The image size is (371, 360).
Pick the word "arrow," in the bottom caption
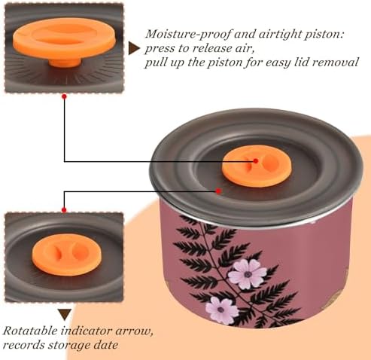135,331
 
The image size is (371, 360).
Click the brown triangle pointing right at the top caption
134,48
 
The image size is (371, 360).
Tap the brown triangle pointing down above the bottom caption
65,314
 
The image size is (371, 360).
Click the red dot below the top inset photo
64,96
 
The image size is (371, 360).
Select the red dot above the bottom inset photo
64,210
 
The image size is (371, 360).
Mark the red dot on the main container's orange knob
256,161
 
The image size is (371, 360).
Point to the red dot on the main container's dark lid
218,191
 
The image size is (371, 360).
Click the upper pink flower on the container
247,273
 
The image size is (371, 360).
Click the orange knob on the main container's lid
257,166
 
